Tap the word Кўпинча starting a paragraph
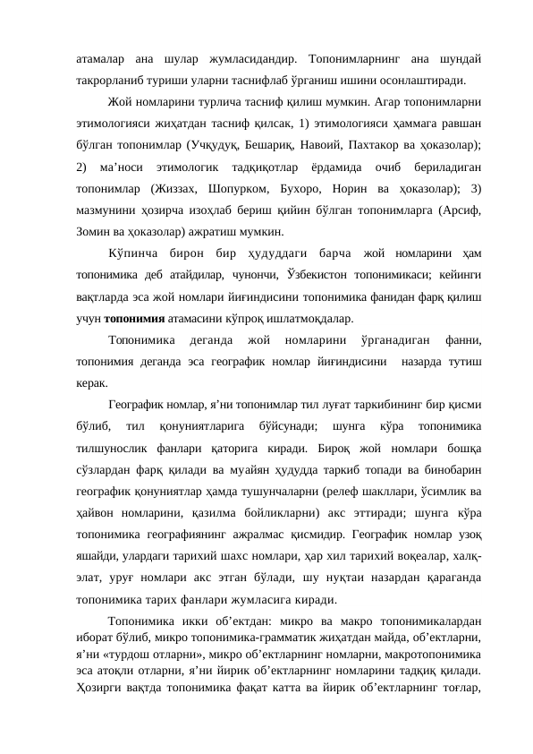(131, 252)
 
